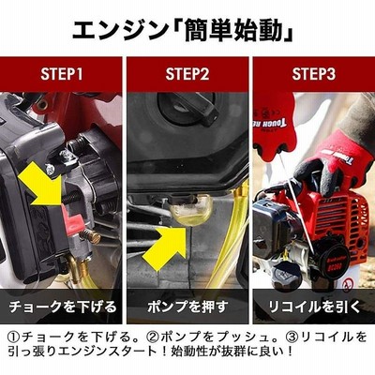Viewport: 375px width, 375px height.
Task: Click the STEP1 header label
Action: (62, 74)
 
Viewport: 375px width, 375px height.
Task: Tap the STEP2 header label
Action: (187, 74)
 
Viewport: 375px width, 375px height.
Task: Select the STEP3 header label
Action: (314, 74)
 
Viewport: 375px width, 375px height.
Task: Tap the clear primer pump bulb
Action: (190, 209)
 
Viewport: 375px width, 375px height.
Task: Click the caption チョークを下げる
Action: (62, 307)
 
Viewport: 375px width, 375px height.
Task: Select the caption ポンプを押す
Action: (187, 307)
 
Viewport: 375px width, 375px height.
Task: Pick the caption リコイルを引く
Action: (315, 307)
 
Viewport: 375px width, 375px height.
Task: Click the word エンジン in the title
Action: (119, 30)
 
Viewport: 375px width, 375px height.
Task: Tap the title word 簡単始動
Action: (233, 30)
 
